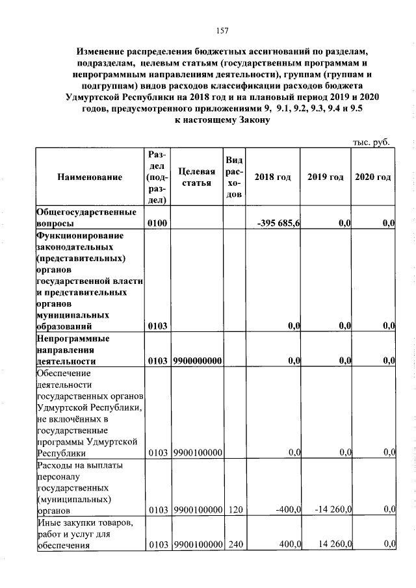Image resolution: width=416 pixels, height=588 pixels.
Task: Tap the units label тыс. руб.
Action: (x=371, y=142)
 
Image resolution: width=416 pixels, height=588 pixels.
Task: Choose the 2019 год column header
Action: (x=325, y=177)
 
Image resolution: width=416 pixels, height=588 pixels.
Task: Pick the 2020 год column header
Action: (x=373, y=177)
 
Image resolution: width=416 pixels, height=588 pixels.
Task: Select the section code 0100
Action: (x=157, y=224)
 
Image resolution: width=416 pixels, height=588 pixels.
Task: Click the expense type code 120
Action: (x=235, y=511)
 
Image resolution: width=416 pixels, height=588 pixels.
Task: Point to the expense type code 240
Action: (x=235, y=544)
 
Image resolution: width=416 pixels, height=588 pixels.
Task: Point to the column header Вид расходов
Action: (x=235, y=177)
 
